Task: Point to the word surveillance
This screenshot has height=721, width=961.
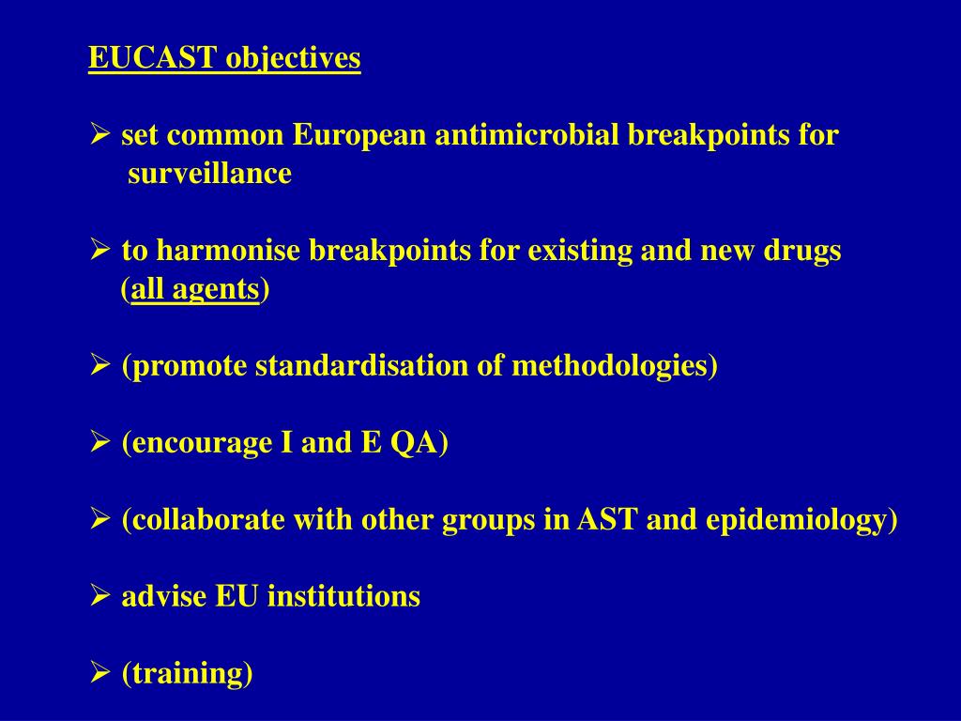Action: (x=210, y=174)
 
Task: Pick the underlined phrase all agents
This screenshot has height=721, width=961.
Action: (x=195, y=290)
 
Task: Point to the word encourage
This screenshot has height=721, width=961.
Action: (x=201, y=443)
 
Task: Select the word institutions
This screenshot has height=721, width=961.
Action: (x=343, y=596)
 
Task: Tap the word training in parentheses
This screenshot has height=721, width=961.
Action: (x=188, y=674)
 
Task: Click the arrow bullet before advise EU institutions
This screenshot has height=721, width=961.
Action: (x=100, y=596)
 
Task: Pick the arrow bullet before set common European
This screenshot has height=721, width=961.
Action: (x=100, y=135)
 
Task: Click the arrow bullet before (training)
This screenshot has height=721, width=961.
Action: (x=100, y=673)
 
